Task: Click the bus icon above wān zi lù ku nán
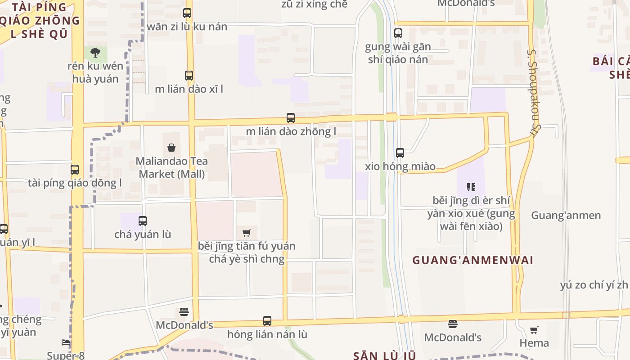187,13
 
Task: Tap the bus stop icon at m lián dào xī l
189,75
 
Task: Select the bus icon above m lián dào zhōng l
291,118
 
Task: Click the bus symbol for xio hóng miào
400,153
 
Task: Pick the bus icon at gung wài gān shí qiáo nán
398,33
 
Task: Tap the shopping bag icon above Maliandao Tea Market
171,148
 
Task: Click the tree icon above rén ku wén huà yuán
95,53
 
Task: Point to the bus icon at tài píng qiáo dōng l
75,170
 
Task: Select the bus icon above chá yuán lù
143,220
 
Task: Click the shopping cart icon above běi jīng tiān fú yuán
246,233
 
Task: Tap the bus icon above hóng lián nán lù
267,321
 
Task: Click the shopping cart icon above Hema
534,330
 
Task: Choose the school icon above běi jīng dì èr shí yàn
471,187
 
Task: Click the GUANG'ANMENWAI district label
472,260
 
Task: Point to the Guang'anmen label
566,215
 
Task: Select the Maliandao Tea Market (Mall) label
171,167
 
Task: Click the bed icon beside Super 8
66,342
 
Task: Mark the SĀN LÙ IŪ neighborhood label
384,355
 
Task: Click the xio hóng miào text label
400,166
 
